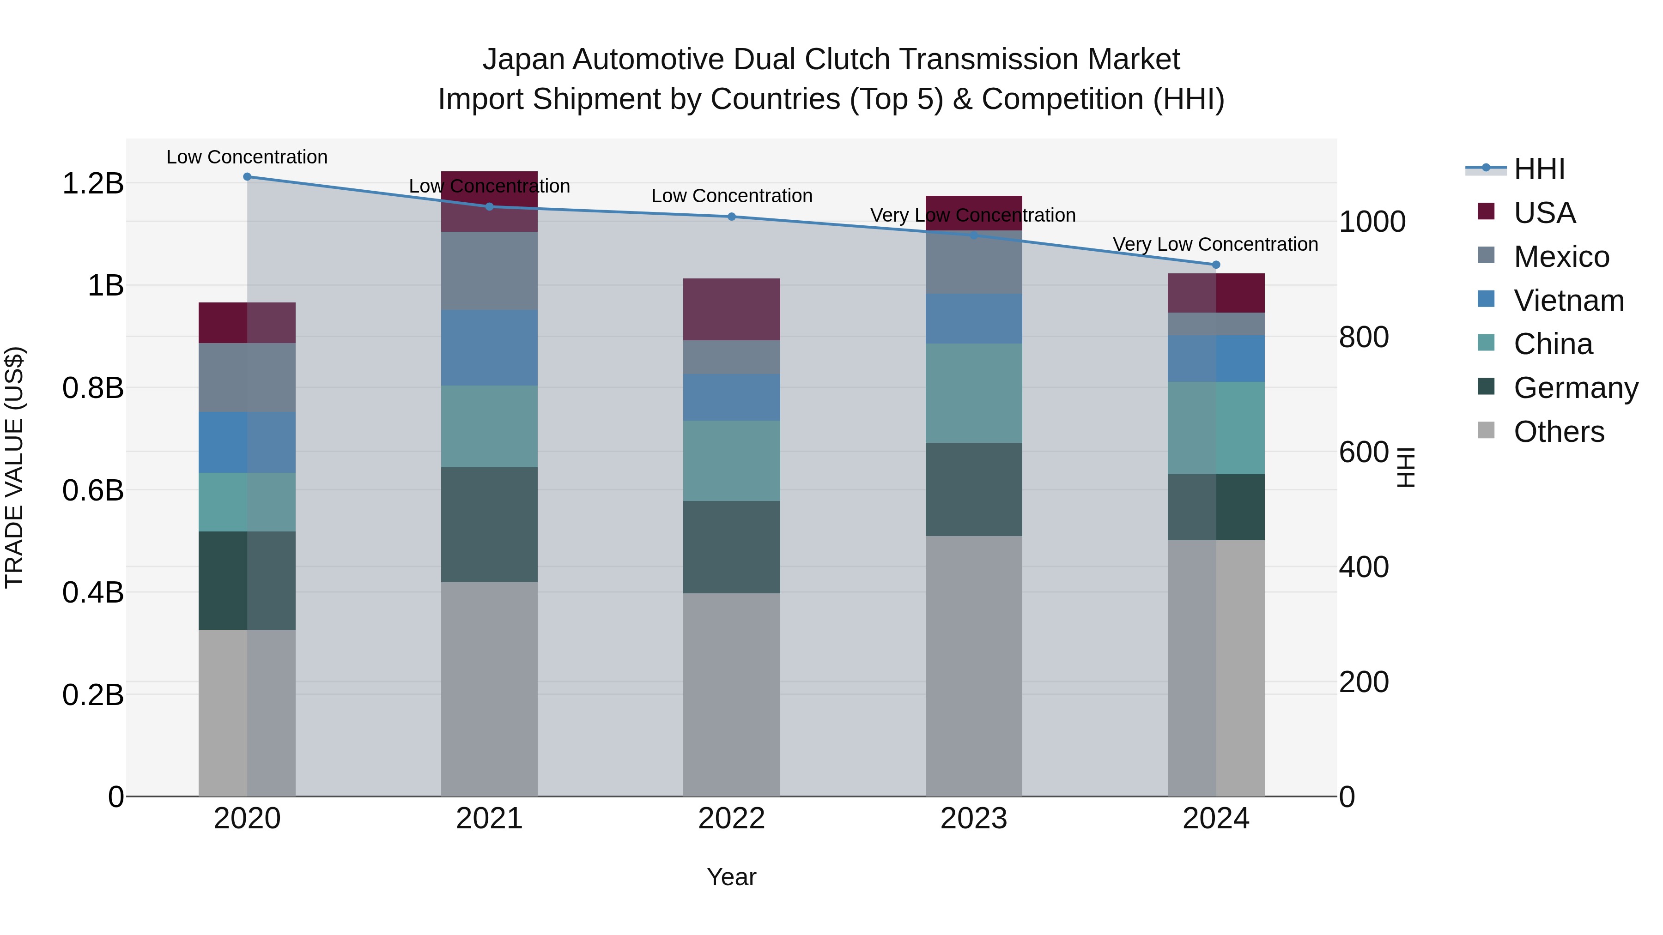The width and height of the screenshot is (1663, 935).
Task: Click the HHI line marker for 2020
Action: point(247,176)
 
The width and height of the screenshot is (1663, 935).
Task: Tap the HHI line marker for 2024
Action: point(1216,265)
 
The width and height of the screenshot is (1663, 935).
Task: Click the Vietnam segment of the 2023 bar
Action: point(973,318)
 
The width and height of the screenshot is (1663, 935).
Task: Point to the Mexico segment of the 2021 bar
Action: point(489,271)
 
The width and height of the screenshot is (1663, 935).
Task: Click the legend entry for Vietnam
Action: point(1568,301)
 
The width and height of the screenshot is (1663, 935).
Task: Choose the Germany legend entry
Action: point(1575,388)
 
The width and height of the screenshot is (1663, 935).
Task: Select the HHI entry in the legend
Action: point(1539,169)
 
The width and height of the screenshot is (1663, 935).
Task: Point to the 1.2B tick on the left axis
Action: point(93,183)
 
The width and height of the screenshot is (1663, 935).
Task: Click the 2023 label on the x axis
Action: point(973,818)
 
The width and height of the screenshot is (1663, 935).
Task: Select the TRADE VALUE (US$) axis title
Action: point(14,467)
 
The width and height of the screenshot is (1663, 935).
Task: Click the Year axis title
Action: point(731,877)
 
